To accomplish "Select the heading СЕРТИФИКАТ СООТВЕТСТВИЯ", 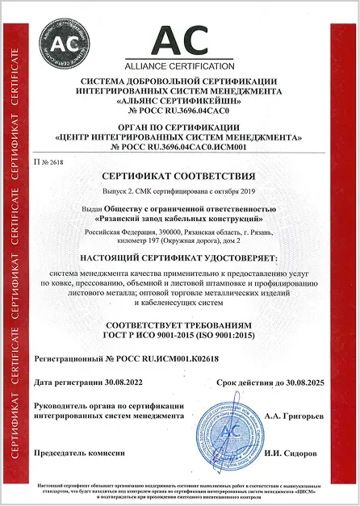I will [180, 175].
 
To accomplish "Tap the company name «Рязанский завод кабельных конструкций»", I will [180, 217].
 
